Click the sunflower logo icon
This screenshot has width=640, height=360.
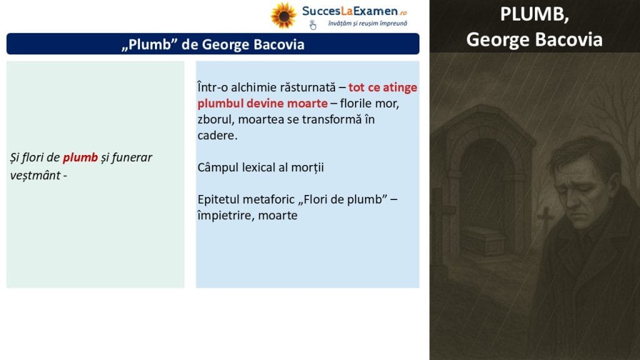pos(284,16)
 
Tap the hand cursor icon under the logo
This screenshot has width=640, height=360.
pos(312,25)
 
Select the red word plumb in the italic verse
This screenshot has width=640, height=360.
pos(80,158)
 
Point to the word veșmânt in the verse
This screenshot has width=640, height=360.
pos(35,176)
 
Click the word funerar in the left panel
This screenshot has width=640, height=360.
pos(131,157)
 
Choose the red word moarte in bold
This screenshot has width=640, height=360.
pos(307,103)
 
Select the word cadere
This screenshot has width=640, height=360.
pos(217,136)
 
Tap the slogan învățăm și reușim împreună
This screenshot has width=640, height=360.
pos(367,24)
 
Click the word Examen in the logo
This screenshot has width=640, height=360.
pos(376,11)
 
